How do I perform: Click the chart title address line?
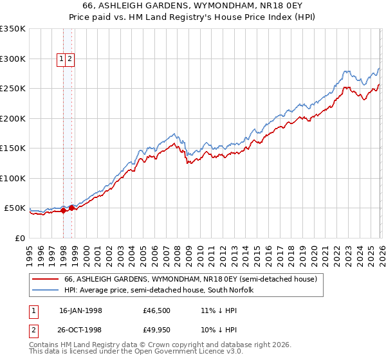(x=193, y=6)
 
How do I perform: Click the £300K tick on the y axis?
(x=13, y=59)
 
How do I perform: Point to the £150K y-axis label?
(x=13, y=148)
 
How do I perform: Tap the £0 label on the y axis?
(x=19, y=239)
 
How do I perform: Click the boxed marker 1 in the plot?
(x=62, y=59)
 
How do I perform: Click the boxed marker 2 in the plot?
(x=69, y=59)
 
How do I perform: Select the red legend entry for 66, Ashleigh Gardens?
(x=190, y=280)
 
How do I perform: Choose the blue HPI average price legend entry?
(x=159, y=291)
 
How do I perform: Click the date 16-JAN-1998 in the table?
(x=80, y=310)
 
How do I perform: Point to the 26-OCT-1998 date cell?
(x=80, y=330)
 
